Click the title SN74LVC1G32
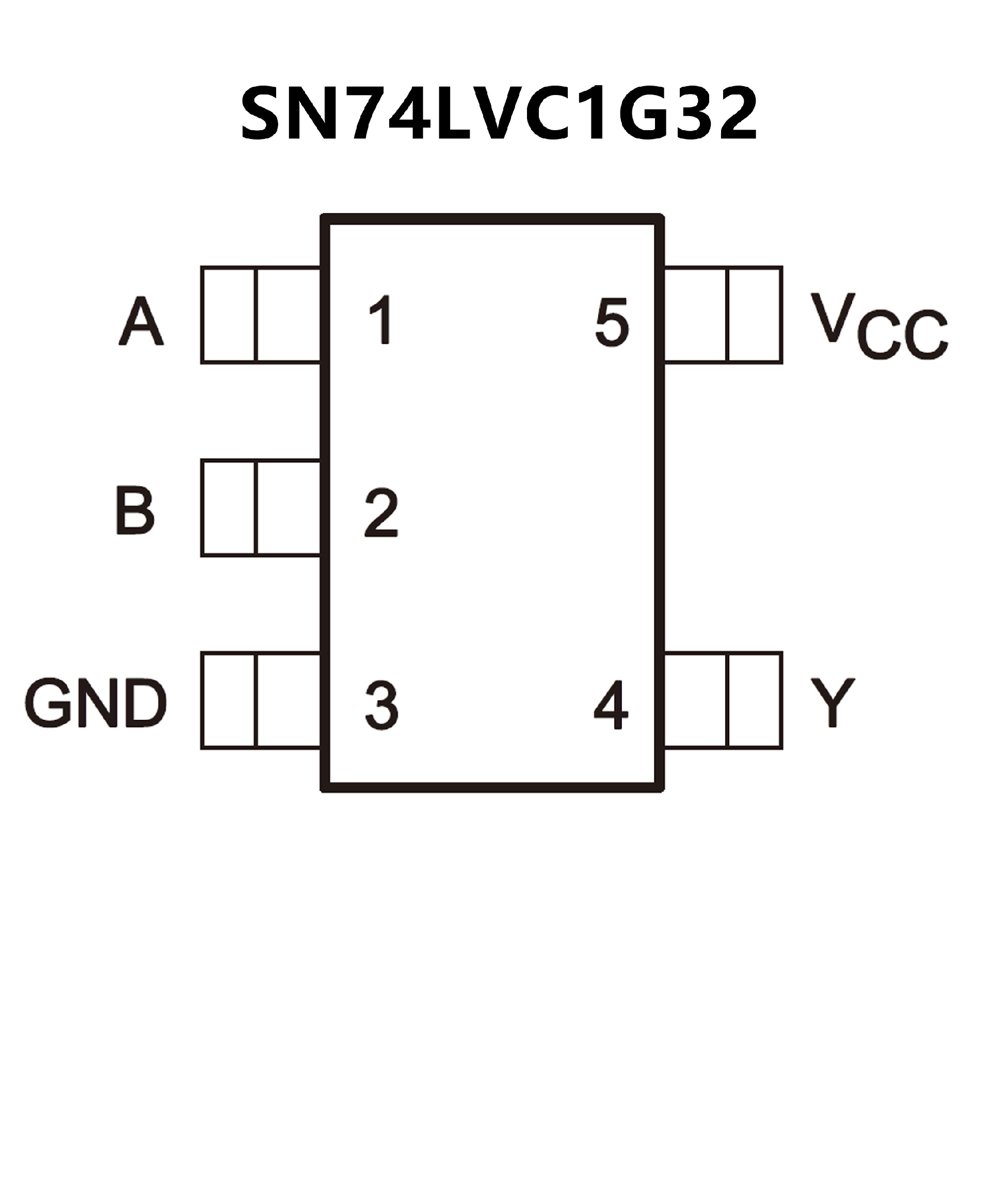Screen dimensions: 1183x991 [499, 114]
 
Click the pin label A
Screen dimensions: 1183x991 [141, 322]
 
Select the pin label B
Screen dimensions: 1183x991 [135, 510]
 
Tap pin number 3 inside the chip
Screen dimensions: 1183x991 [382, 705]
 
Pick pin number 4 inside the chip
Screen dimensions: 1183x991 [612, 705]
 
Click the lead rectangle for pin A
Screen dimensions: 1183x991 [261, 315]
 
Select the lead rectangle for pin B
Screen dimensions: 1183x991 [261, 508]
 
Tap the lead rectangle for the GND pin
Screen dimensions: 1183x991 [261, 701]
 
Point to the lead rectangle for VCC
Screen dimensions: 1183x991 [723, 315]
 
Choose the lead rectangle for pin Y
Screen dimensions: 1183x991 [723, 701]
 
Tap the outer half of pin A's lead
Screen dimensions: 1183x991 [229, 315]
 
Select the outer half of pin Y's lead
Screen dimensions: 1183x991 [755, 701]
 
